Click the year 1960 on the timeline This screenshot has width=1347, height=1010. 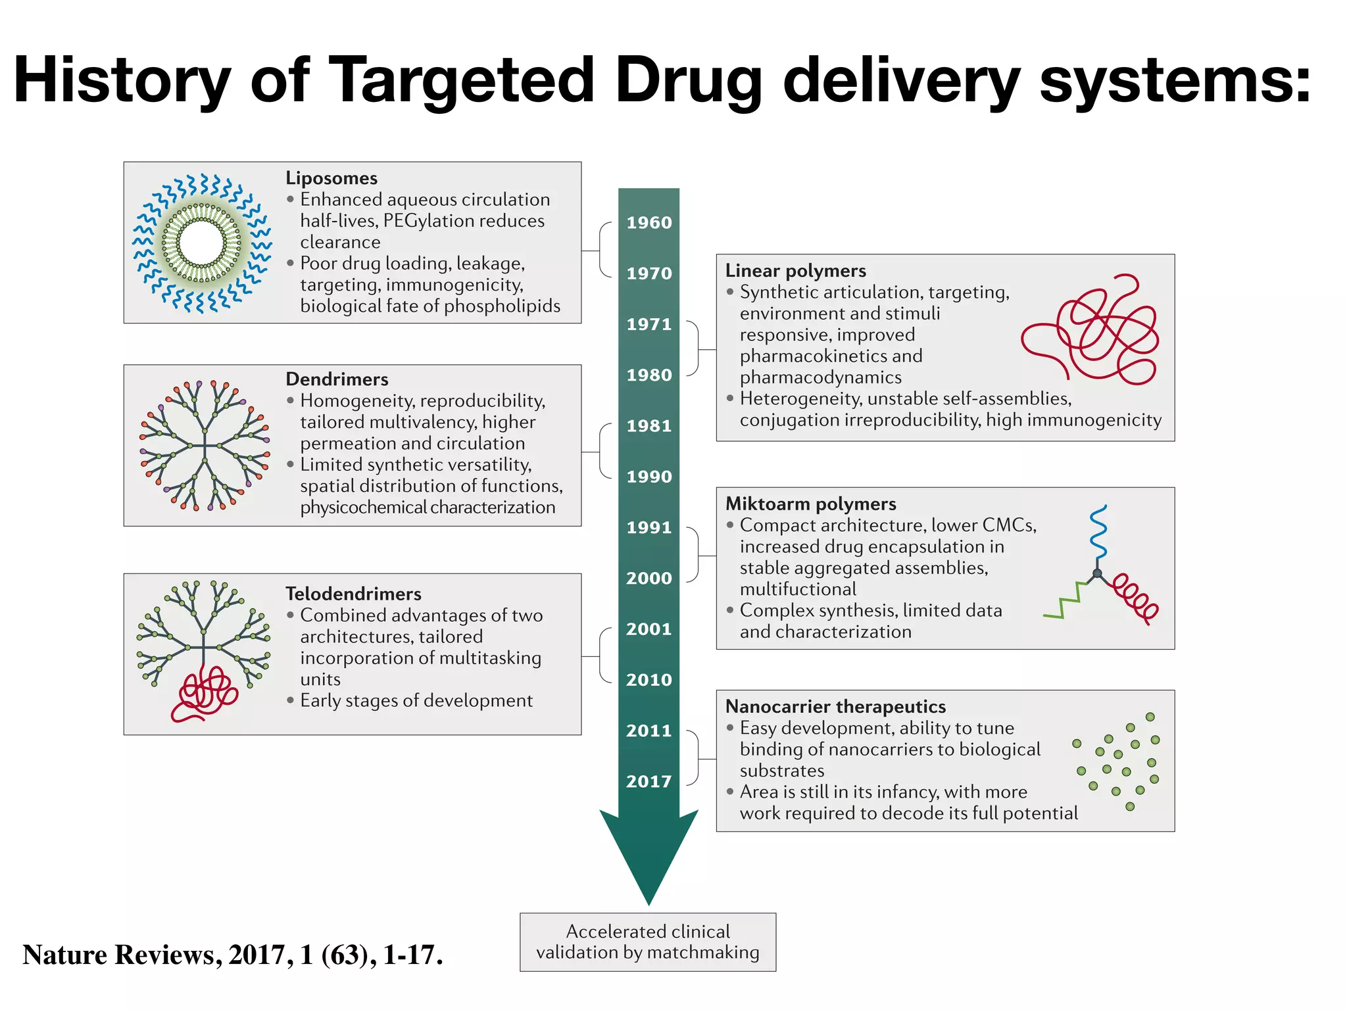(x=649, y=222)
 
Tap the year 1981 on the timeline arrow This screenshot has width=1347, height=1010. (x=649, y=425)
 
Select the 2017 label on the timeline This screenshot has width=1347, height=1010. (x=649, y=781)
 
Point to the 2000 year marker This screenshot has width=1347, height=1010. (x=649, y=578)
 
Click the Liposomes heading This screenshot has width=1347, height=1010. (x=331, y=178)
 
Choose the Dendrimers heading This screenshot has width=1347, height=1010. (x=337, y=379)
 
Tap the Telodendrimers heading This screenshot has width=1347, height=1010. (x=353, y=594)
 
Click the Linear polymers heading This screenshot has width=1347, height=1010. (x=795, y=271)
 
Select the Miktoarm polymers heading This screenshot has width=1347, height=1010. (x=810, y=504)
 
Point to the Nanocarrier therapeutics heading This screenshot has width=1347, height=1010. (x=835, y=706)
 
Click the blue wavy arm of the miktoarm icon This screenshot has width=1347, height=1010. (x=1097, y=533)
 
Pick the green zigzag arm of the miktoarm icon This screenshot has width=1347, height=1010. (x=1065, y=600)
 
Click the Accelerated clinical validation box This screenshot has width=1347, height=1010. (x=648, y=942)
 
